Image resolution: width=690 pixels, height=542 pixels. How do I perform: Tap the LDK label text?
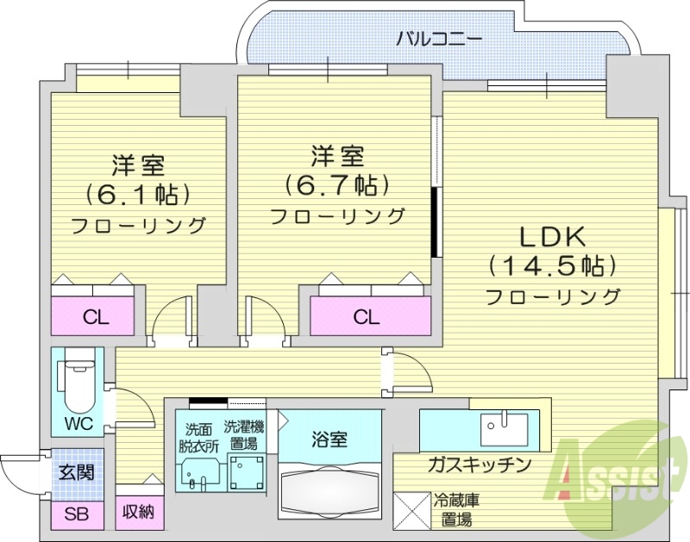pyautogui.click(x=552, y=235)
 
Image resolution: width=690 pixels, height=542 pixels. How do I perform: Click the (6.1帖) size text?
pyautogui.click(x=138, y=194)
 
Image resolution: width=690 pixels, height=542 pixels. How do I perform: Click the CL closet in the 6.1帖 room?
pyautogui.click(x=96, y=316)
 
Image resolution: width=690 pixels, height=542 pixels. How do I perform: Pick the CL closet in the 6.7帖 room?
pyautogui.click(x=367, y=316)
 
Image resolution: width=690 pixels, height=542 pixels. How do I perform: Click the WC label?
pyautogui.click(x=78, y=423)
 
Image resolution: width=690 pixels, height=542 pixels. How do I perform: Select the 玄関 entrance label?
pyautogui.click(x=77, y=472)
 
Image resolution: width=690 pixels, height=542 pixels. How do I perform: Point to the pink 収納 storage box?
pyautogui.click(x=138, y=513)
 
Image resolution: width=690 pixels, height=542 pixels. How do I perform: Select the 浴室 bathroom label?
pyautogui.click(x=329, y=439)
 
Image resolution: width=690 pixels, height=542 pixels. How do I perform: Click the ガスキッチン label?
pyautogui.click(x=479, y=465)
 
